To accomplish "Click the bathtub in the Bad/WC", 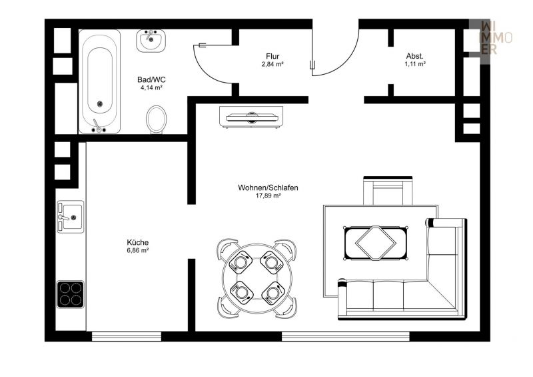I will point(99,81).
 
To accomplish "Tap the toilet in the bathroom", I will point(157,119).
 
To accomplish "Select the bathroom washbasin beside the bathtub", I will point(151,41).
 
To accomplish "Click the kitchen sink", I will point(70,216).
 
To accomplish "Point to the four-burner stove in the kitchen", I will point(70,294).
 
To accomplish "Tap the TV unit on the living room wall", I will point(251,117).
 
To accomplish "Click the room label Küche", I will point(138,242).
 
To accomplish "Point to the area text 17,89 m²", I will point(268,196).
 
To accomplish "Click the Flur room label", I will point(273,57).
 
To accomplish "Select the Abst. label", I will point(415,56).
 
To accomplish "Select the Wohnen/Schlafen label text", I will point(268,187).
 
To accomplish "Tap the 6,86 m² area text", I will point(138,250).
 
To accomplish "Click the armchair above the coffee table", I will point(388,192).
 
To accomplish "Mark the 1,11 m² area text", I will point(415,64).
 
